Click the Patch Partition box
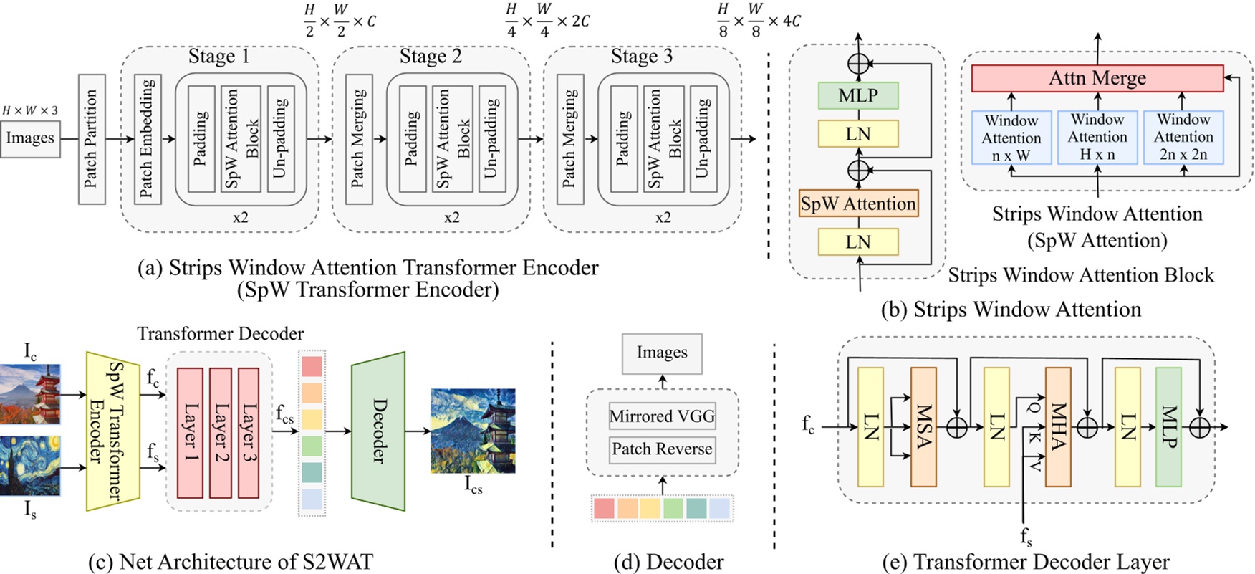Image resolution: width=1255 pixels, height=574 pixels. [x=91, y=139]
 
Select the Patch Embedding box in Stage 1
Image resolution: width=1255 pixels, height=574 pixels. [x=148, y=139]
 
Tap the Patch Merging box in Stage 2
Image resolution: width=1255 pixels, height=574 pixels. [x=359, y=139]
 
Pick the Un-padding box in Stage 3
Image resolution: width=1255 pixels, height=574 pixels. [x=703, y=139]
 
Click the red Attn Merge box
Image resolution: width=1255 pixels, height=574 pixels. [x=1097, y=78]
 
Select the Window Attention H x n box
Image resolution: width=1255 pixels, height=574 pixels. [x=1097, y=137]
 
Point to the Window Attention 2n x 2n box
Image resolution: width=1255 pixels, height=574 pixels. [x=1183, y=137]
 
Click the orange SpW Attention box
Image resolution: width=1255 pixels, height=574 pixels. [x=858, y=204]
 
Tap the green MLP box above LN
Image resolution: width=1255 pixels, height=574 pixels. [x=858, y=95]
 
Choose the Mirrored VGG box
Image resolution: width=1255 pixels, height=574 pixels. [x=662, y=416]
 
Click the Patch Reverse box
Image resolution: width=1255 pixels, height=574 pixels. [x=662, y=449]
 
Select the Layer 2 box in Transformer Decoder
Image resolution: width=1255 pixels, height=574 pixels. [x=220, y=433]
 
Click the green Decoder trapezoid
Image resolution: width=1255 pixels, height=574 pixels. [x=378, y=431]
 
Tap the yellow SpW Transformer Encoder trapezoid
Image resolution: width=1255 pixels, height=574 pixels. [x=113, y=431]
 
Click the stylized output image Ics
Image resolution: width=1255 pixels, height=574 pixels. [x=473, y=431]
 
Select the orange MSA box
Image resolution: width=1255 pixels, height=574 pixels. [x=923, y=426]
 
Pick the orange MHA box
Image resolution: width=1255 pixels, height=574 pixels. [x=1057, y=426]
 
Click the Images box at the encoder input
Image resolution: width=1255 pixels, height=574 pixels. [x=30, y=138]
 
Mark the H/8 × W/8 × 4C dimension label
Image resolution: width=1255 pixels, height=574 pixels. [x=759, y=21]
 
